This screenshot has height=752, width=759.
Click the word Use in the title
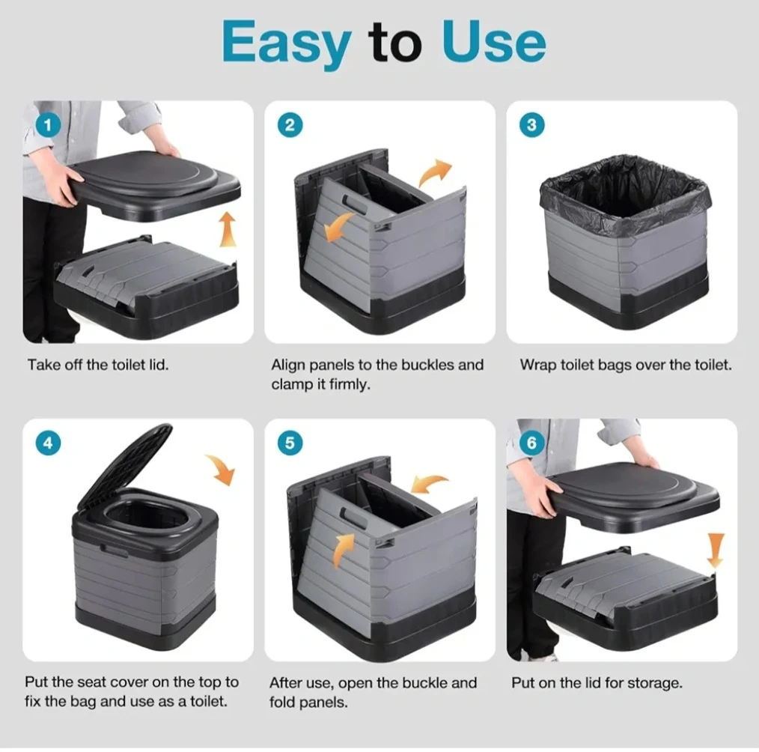[x=494, y=42]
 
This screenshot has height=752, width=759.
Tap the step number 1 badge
[x=48, y=125]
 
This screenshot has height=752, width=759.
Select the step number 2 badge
[x=290, y=125]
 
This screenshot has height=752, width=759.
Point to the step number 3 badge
[x=531, y=125]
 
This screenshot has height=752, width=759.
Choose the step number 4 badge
[x=48, y=443]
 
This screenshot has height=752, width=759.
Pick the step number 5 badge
[x=290, y=443]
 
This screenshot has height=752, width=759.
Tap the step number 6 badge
[x=531, y=443]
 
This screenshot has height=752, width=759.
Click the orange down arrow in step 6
[x=716, y=550]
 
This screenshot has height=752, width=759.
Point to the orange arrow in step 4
[x=221, y=469]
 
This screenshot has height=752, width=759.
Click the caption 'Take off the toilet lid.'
[x=98, y=365]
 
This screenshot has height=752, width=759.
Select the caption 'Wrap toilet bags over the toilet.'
[x=626, y=365]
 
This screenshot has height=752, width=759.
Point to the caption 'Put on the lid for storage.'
[x=597, y=683]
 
